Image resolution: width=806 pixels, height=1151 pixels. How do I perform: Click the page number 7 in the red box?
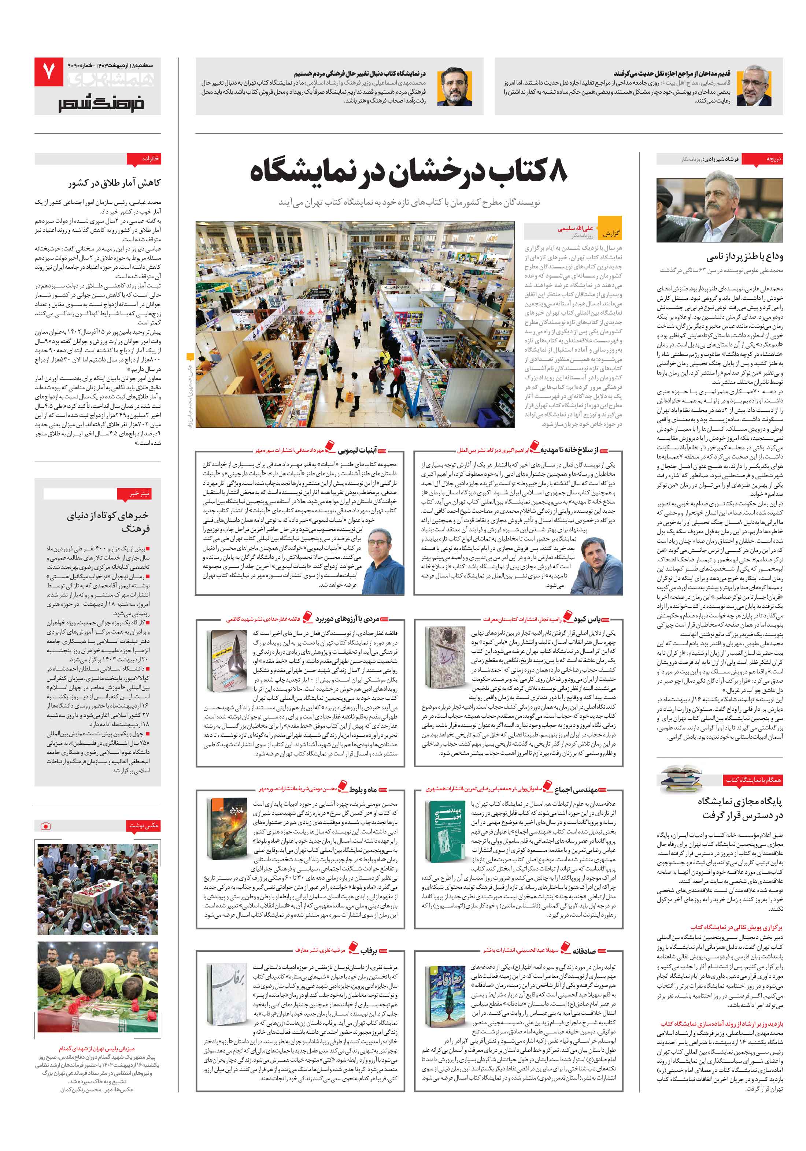(49, 72)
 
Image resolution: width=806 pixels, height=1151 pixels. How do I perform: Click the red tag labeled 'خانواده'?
(151, 159)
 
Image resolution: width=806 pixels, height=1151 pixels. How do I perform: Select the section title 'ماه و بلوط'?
(363, 790)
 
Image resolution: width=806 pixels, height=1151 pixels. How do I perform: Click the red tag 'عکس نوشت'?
(144, 825)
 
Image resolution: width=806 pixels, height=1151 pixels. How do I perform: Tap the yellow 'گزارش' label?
(611, 234)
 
